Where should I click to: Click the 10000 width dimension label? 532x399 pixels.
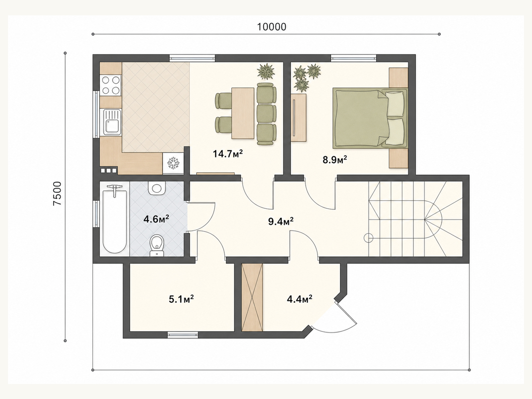271,27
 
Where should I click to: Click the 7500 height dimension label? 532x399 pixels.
58,194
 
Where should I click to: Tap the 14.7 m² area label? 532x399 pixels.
227,154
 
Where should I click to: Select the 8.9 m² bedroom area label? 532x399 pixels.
334,160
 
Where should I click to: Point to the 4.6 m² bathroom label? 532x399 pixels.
156,219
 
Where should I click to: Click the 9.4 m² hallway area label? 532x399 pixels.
281,221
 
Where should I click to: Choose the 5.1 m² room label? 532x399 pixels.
181,299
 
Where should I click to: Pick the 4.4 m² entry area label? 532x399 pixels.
299,299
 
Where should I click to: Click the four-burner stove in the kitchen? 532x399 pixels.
111,85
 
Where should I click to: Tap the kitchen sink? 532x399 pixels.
112,122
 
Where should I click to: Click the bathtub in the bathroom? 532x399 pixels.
115,219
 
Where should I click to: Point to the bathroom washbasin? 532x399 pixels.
157,189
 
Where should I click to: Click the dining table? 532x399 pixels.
243,113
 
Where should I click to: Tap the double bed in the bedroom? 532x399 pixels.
370,118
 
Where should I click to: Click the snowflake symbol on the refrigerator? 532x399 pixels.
173,163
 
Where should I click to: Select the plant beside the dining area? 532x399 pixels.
266,71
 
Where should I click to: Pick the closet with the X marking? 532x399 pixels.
252,297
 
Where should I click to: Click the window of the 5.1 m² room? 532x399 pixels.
183,335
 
